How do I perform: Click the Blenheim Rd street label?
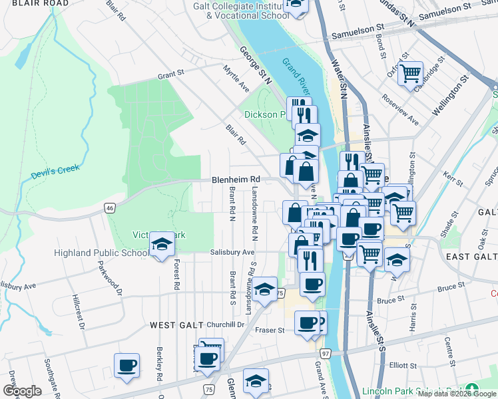tap(236, 180)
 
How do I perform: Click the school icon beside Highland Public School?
tap(161, 245)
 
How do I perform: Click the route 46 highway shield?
tap(109, 208)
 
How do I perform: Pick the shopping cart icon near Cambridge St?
tap(411, 72)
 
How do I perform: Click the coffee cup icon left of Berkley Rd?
tap(126, 366)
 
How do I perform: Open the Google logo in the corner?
tap(22, 390)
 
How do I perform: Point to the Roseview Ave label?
tap(400, 109)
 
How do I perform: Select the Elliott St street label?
tap(403, 365)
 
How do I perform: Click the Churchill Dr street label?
tap(226, 325)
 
